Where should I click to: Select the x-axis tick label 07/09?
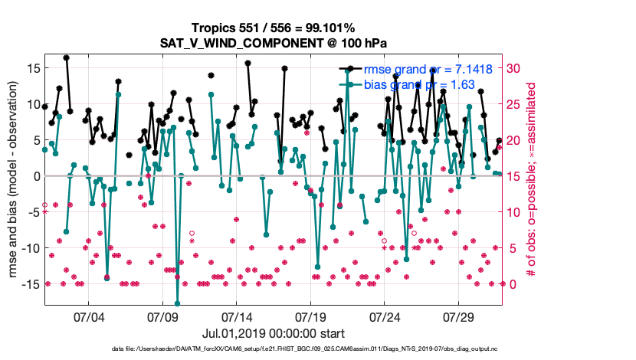[x=162, y=316]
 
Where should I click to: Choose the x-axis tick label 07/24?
[x=385, y=316]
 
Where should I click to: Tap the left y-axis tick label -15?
[x=28, y=284]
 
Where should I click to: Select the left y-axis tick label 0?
[x=35, y=176]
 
